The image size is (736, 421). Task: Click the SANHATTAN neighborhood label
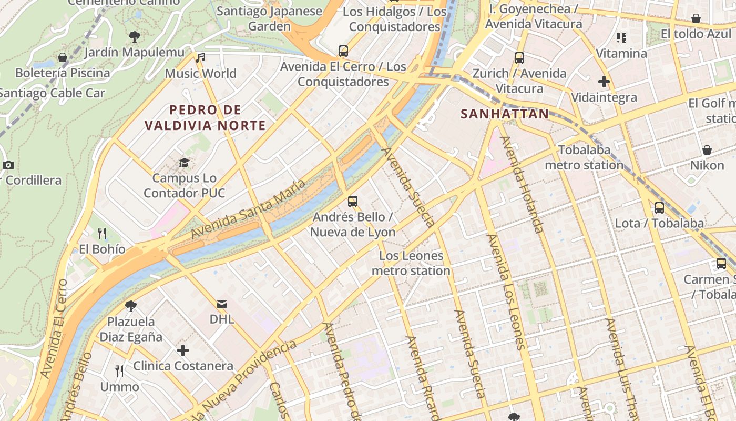point(505,114)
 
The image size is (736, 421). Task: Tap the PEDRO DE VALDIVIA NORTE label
point(205,118)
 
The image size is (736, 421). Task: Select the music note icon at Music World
point(200,58)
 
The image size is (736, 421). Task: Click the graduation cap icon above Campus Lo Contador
point(184,163)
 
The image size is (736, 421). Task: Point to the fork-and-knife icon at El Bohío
point(102,233)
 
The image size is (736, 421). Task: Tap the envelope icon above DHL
point(222,304)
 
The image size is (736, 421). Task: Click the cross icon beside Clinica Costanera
point(183,350)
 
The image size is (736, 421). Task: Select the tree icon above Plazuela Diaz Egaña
point(131,305)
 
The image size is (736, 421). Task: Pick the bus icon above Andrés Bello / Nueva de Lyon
point(353,201)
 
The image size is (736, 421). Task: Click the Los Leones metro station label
point(412,264)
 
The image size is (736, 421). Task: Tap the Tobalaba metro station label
point(584,157)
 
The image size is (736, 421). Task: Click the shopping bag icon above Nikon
point(707,150)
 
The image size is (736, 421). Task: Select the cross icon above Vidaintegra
point(604,82)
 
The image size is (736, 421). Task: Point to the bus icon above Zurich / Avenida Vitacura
point(519,58)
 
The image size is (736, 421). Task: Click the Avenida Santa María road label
point(248,209)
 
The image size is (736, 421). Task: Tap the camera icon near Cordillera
point(8,165)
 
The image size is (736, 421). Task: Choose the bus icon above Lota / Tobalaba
point(659,208)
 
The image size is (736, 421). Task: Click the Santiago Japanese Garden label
point(270,18)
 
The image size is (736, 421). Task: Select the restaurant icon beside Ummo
point(119,372)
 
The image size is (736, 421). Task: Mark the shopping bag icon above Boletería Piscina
point(63,57)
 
